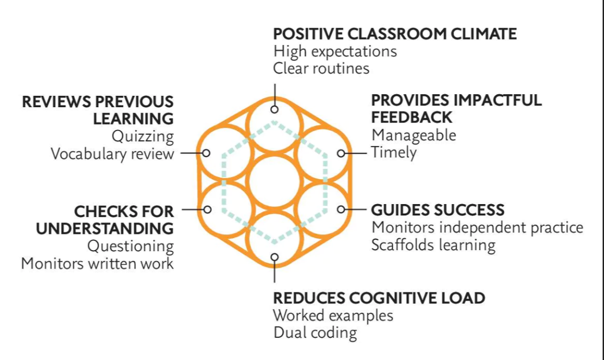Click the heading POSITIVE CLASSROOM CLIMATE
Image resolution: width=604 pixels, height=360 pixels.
[394, 34]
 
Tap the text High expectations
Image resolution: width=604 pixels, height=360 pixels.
[335, 51]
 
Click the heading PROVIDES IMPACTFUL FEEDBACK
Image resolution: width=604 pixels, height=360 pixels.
[456, 108]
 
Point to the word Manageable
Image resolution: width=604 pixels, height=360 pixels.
[413, 135]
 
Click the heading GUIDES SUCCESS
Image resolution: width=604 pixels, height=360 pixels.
[438, 210]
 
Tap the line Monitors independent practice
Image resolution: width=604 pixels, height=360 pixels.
[477, 227]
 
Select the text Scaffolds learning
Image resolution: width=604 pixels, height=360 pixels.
[433, 245]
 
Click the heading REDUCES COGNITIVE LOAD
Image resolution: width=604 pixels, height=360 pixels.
[379, 298]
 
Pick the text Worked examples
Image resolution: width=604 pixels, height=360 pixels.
[333, 315]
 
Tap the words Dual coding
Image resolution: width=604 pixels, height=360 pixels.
[315, 332]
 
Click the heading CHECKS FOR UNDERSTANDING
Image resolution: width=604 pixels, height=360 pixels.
[105, 219]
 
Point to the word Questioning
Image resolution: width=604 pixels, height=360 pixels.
[131, 246]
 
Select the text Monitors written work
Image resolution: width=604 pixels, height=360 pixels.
[98, 264]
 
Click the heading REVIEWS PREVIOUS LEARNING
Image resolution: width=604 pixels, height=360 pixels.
[98, 109]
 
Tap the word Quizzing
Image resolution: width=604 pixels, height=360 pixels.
[143, 136]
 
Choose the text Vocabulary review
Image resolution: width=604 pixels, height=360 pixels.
[113, 154]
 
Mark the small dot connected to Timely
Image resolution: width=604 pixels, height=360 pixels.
[341, 153]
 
